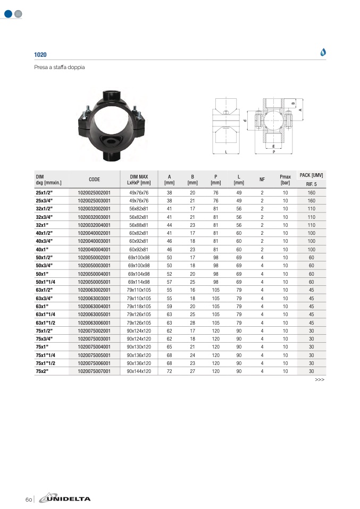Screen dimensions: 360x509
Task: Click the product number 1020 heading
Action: click(x=40, y=55)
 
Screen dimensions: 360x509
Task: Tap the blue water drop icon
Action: click(x=323, y=52)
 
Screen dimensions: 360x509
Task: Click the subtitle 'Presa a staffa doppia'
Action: click(x=60, y=67)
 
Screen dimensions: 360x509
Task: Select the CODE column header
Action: click(x=94, y=180)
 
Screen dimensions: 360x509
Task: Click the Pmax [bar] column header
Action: click(x=285, y=180)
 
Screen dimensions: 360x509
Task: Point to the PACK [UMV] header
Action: click(x=311, y=175)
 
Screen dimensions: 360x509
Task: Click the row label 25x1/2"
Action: click(x=44, y=192)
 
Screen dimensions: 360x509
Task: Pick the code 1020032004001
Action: click(x=94, y=225)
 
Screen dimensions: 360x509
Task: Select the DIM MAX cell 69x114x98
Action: click(x=139, y=282)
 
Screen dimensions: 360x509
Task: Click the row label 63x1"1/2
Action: click(x=46, y=323)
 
